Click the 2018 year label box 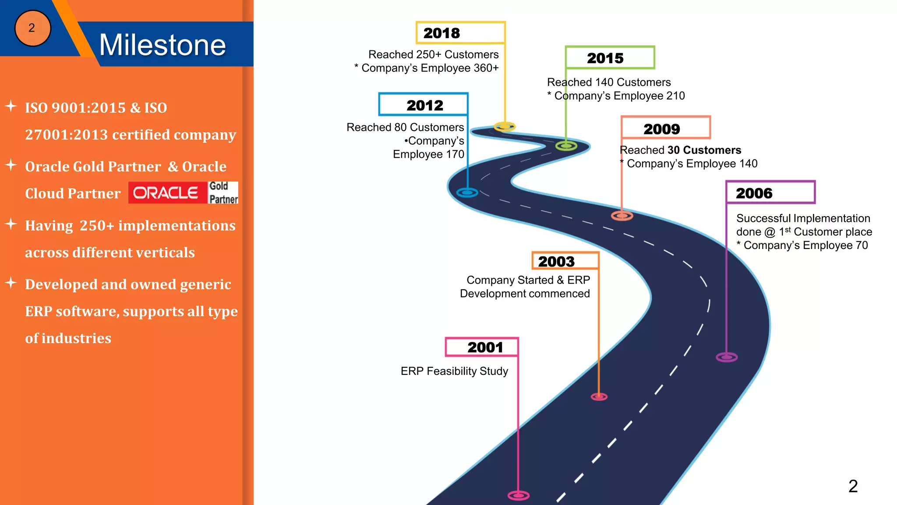[460, 33]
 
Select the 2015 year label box [610, 58]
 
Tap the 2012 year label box [424, 105]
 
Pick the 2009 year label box [665, 128]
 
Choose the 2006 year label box [770, 192]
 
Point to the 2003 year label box [565, 261]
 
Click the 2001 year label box [482, 347]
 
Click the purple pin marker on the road [727, 357]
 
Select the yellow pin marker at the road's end [505, 127]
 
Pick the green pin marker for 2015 [566, 146]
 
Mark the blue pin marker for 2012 [467, 192]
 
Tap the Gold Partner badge [223, 193]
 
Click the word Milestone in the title [162, 45]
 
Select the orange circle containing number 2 [32, 28]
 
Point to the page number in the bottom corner [853, 486]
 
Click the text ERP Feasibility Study [454, 371]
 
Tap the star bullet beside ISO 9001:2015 [11, 106]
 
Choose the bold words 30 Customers [704, 150]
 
